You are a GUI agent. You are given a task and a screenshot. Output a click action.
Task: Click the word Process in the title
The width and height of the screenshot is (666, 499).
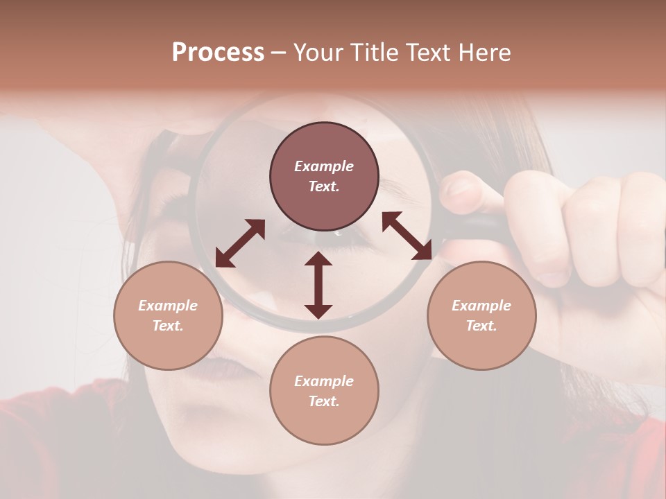click(218, 53)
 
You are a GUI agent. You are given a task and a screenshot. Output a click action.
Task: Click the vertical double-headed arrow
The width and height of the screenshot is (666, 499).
click(318, 285)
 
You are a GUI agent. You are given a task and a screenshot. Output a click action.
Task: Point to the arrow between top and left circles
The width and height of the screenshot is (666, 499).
click(240, 243)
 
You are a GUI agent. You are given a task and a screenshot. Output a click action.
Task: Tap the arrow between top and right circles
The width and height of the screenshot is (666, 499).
click(407, 236)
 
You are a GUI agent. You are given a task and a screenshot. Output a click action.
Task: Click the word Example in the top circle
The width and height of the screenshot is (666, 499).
click(324, 166)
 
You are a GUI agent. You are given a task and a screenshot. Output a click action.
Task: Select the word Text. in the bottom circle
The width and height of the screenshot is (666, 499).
click(324, 401)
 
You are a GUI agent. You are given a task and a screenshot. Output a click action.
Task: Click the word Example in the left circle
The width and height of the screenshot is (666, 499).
click(168, 306)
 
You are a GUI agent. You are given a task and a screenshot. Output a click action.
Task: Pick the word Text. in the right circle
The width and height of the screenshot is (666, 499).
click(481, 326)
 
